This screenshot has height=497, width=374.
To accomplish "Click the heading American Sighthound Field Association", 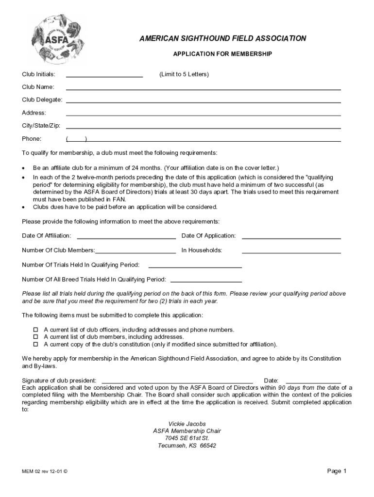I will pyautogui.click(x=222, y=38).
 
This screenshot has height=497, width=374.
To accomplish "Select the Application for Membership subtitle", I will pyautogui.click(x=222, y=54).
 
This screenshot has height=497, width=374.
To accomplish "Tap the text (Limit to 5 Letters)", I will pyautogui.click(x=184, y=74).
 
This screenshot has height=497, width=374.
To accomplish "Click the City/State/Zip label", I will pyautogui.click(x=41, y=126).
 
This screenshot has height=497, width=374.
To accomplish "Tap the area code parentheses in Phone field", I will pyautogui.click(x=76, y=139).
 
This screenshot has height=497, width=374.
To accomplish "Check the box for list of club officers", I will pyautogui.click(x=35, y=330).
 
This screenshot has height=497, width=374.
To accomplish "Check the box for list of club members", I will pyautogui.click(x=35, y=337).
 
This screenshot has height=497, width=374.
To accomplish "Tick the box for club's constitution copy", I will pyautogui.click(x=35, y=345).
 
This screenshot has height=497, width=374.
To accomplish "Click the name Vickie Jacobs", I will pyautogui.click(x=187, y=424).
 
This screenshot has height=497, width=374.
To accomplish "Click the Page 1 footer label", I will pyautogui.click(x=337, y=471).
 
